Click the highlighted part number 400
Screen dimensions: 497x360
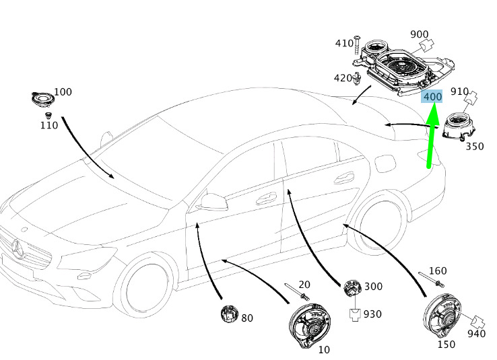point(432,97)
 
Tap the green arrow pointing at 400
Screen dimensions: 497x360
point(432,135)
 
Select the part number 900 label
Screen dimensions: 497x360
point(420,34)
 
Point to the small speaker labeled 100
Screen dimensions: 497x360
point(43,99)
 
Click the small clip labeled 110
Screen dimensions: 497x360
point(48,115)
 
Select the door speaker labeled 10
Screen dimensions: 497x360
point(310,326)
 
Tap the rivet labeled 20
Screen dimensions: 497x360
point(297,291)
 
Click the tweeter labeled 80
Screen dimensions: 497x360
point(229,314)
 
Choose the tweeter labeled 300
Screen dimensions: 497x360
point(352,289)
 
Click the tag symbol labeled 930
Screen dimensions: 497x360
point(355,315)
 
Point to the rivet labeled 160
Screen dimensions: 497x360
point(431,279)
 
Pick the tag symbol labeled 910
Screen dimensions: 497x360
point(471,97)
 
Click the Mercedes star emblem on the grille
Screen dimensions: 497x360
point(18,248)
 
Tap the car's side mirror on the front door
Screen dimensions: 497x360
point(213,201)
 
